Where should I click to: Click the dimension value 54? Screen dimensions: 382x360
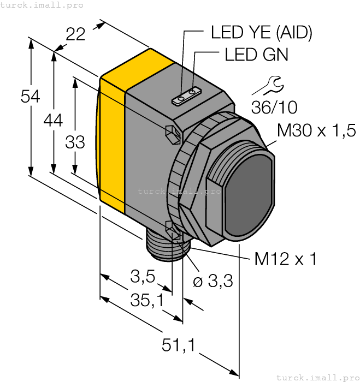(30, 97)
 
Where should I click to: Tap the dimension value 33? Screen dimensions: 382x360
(75, 142)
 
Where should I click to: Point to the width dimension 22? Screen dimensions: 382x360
(76, 34)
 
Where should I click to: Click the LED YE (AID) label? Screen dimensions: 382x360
(261, 33)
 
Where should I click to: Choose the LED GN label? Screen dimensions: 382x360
(256, 55)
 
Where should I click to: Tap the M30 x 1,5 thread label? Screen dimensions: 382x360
(316, 130)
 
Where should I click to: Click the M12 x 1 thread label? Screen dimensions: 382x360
(285, 259)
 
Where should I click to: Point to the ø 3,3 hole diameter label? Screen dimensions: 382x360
(213, 282)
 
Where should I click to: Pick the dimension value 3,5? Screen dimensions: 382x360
(143, 278)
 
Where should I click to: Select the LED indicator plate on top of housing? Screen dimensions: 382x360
(186, 97)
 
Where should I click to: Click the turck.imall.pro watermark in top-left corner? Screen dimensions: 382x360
(42, 5)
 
